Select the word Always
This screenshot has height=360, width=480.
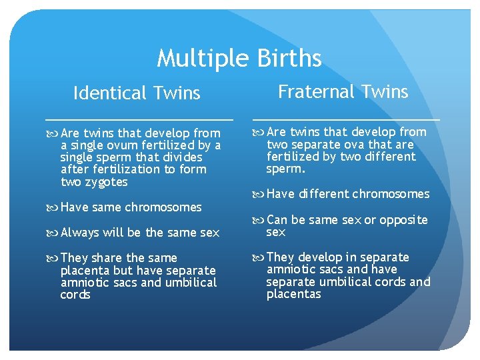point(81,233)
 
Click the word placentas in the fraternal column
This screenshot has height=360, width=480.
point(293,294)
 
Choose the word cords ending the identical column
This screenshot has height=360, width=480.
point(75,295)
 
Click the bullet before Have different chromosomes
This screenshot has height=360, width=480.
point(258,195)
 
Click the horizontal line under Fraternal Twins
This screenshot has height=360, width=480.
point(346,119)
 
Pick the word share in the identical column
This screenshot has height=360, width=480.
point(107,258)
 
